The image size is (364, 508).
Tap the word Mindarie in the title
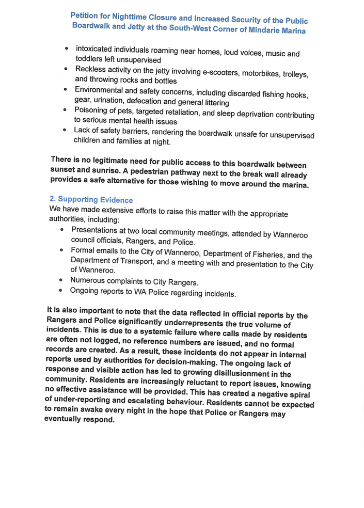tap(255, 30)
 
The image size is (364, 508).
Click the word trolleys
tap(295, 74)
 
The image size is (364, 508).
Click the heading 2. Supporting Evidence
tap(91, 199)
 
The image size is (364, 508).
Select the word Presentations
tap(97, 230)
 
